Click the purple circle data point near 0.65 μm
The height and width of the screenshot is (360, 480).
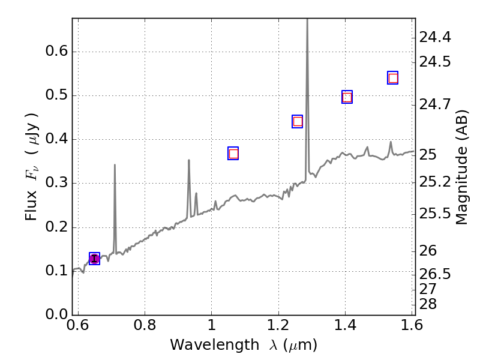[x=94, y=259]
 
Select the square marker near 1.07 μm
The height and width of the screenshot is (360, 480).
[x=233, y=154]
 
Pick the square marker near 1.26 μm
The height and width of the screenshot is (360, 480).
[x=297, y=122]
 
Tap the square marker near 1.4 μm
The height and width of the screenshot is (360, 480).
[x=347, y=97]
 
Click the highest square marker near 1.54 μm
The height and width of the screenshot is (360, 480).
[x=393, y=78]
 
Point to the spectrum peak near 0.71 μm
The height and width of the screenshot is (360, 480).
[x=115, y=165]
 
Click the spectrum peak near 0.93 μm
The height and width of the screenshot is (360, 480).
[x=189, y=160]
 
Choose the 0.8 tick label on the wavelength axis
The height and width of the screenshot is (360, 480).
[x=145, y=326]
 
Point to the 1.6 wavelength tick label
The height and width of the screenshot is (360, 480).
[x=412, y=326]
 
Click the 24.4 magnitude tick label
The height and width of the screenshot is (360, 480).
[x=436, y=38]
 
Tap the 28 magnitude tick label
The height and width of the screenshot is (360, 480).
[x=430, y=304]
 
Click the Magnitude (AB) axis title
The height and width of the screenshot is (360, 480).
[x=461, y=167]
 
